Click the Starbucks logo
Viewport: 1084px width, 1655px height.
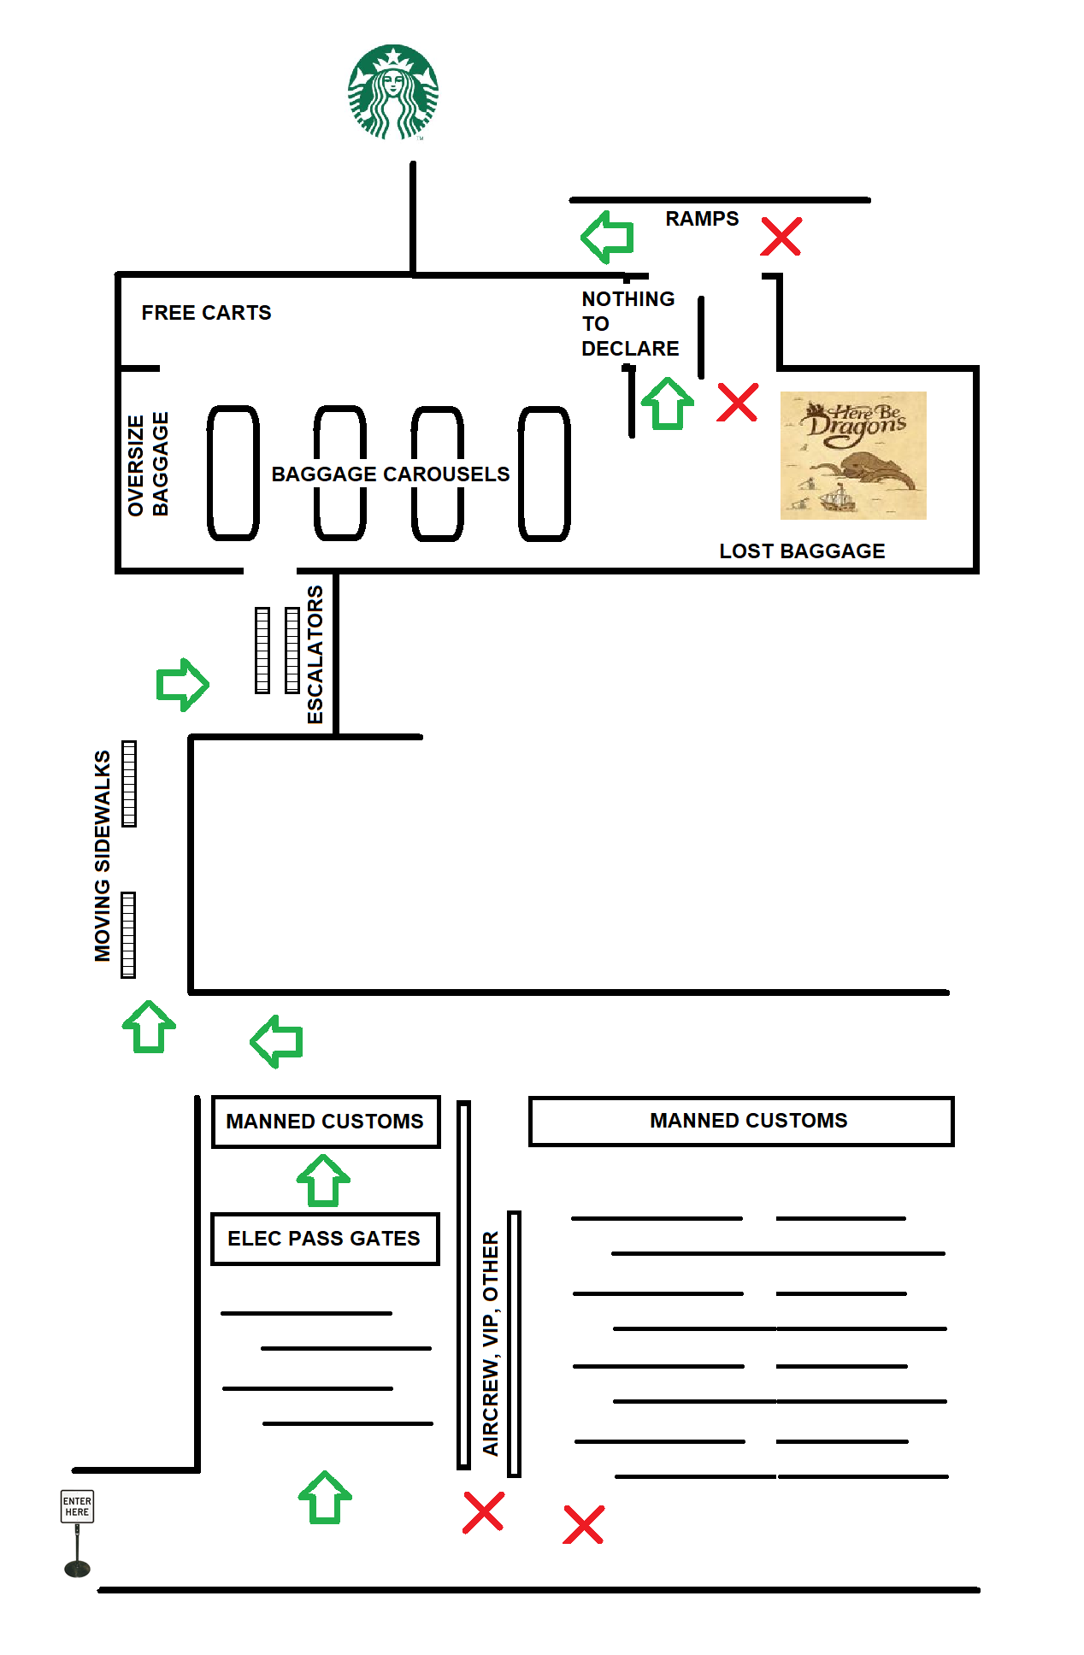point(393,92)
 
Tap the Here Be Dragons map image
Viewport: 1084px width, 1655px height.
point(853,455)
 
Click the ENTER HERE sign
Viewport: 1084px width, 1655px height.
point(77,1506)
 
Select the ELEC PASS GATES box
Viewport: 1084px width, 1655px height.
point(325,1239)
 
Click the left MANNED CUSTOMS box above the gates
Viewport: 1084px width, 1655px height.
point(325,1122)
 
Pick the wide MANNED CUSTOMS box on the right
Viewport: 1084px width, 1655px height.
point(740,1121)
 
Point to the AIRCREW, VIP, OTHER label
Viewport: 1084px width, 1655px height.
point(491,1342)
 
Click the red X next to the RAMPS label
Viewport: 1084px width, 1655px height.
point(781,237)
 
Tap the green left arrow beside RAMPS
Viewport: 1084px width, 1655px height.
point(608,237)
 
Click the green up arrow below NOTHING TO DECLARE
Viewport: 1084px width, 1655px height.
point(668,403)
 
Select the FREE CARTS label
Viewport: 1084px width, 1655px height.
point(206,313)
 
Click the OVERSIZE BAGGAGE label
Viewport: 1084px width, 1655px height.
point(148,465)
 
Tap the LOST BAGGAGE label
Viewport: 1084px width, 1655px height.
point(802,551)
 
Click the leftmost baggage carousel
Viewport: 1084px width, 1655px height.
point(233,473)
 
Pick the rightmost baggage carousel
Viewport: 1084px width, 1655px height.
point(545,473)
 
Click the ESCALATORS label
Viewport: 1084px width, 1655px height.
point(315,654)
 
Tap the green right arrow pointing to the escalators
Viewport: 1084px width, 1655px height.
point(182,684)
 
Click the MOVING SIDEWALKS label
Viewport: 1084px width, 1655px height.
point(103,856)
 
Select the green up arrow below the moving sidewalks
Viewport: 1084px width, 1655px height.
point(150,1027)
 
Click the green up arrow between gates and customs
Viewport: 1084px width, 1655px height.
point(323,1181)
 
